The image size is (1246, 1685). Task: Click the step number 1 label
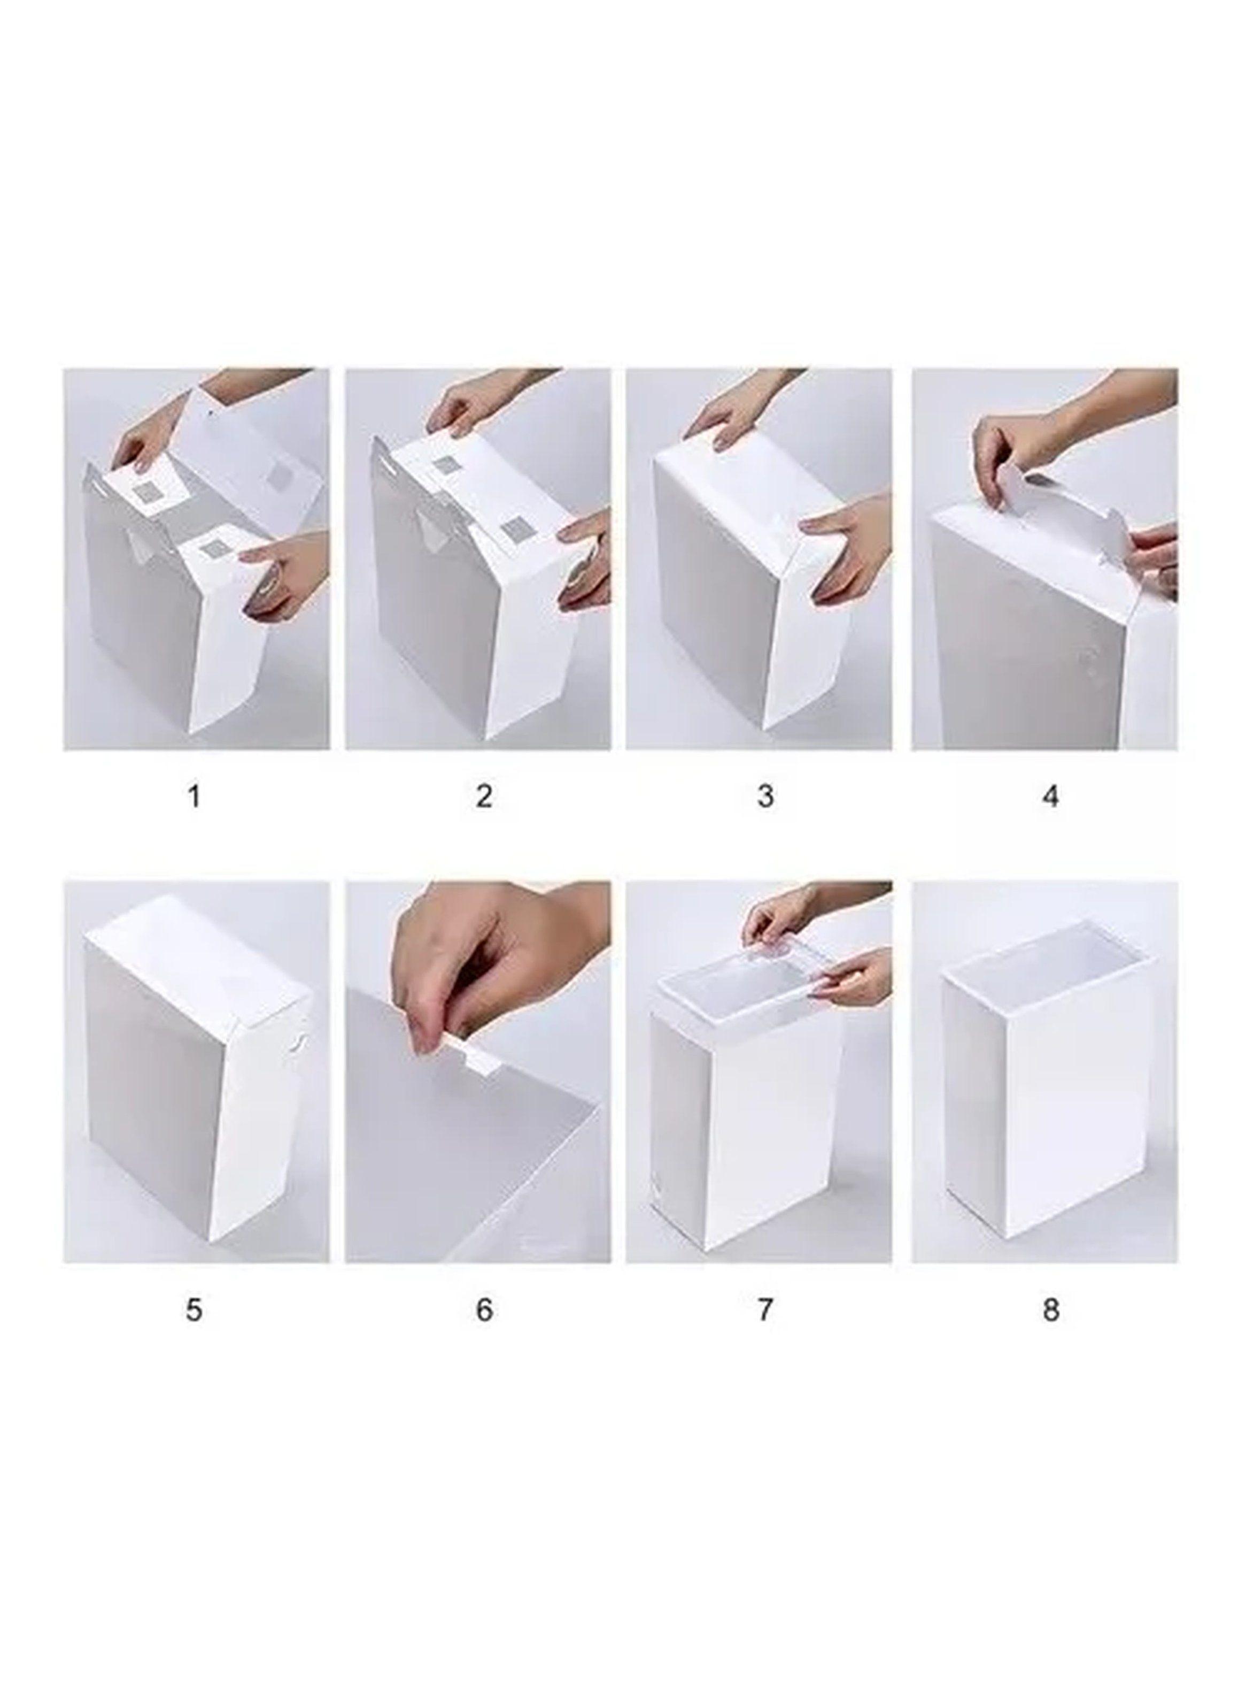194,796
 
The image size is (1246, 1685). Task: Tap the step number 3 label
765,796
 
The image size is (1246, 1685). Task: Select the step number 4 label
1051,796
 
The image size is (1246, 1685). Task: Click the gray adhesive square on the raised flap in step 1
281,474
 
